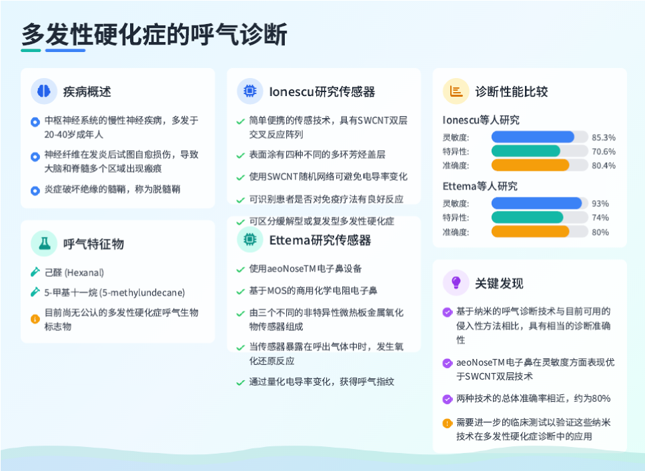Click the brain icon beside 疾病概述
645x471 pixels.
point(44,91)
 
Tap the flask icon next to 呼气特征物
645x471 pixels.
point(44,244)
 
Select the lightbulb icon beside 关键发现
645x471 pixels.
point(456,283)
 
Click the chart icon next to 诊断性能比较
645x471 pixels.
point(456,91)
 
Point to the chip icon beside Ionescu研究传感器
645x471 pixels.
point(249,91)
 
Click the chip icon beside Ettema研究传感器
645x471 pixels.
point(249,239)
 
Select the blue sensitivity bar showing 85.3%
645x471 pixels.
point(533,137)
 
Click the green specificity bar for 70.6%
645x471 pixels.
point(526,151)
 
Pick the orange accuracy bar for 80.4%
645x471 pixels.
point(530,165)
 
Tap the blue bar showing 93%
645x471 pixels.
point(536,203)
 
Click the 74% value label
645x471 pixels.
point(600,217)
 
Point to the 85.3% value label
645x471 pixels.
point(604,137)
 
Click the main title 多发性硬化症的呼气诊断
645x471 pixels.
point(154,34)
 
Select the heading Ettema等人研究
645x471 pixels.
point(480,186)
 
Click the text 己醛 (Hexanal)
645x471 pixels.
point(74,273)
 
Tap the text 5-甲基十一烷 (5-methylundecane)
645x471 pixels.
point(115,292)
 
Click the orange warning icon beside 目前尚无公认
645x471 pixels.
point(35,319)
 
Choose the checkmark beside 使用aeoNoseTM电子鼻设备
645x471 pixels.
point(241,270)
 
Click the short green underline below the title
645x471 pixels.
point(31,50)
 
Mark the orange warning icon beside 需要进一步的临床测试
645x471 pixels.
point(447,423)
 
